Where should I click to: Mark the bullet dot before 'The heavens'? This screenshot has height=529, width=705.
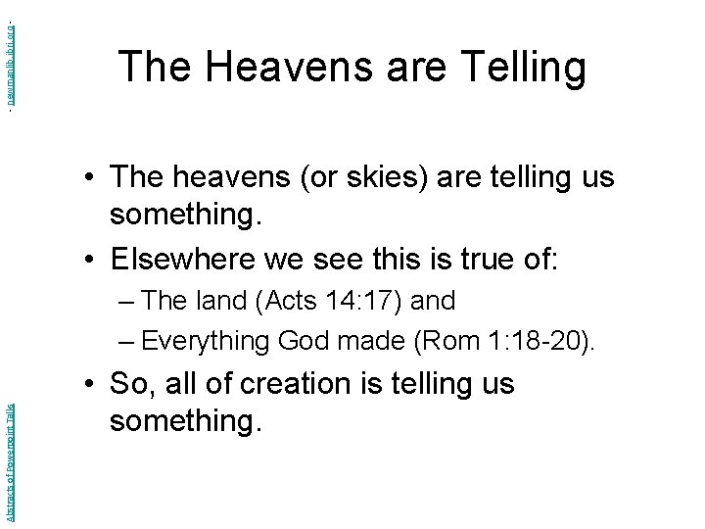point(88,178)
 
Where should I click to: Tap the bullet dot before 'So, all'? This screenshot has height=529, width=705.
point(88,385)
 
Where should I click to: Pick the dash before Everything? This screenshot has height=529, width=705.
point(124,341)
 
